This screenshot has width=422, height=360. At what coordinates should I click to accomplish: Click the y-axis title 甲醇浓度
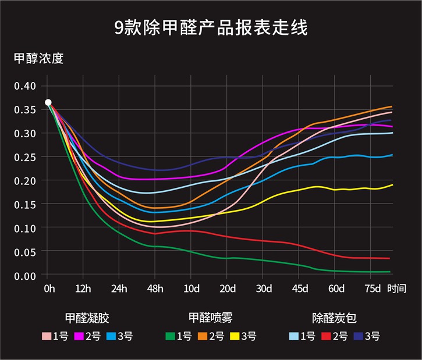(x=38, y=59)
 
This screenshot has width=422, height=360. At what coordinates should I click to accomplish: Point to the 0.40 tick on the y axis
(x=25, y=86)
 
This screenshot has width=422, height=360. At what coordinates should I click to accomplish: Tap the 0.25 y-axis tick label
(x=25, y=157)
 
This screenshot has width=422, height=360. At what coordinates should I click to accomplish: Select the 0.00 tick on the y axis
(x=25, y=276)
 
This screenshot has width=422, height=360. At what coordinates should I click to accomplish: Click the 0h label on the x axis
(x=48, y=288)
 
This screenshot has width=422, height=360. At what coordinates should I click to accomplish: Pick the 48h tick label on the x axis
(x=155, y=288)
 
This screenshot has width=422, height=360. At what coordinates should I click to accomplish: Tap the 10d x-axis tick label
(x=192, y=288)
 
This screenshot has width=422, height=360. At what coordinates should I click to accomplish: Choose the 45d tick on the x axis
(x=300, y=288)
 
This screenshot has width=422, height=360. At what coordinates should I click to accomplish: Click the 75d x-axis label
(x=371, y=288)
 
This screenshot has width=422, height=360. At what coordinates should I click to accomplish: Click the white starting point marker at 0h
(x=48, y=102)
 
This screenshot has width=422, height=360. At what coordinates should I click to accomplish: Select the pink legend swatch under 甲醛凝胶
(x=47, y=336)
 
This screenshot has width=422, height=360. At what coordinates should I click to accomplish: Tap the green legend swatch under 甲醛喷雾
(x=170, y=336)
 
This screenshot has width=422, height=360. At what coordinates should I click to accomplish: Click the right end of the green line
(x=390, y=272)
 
